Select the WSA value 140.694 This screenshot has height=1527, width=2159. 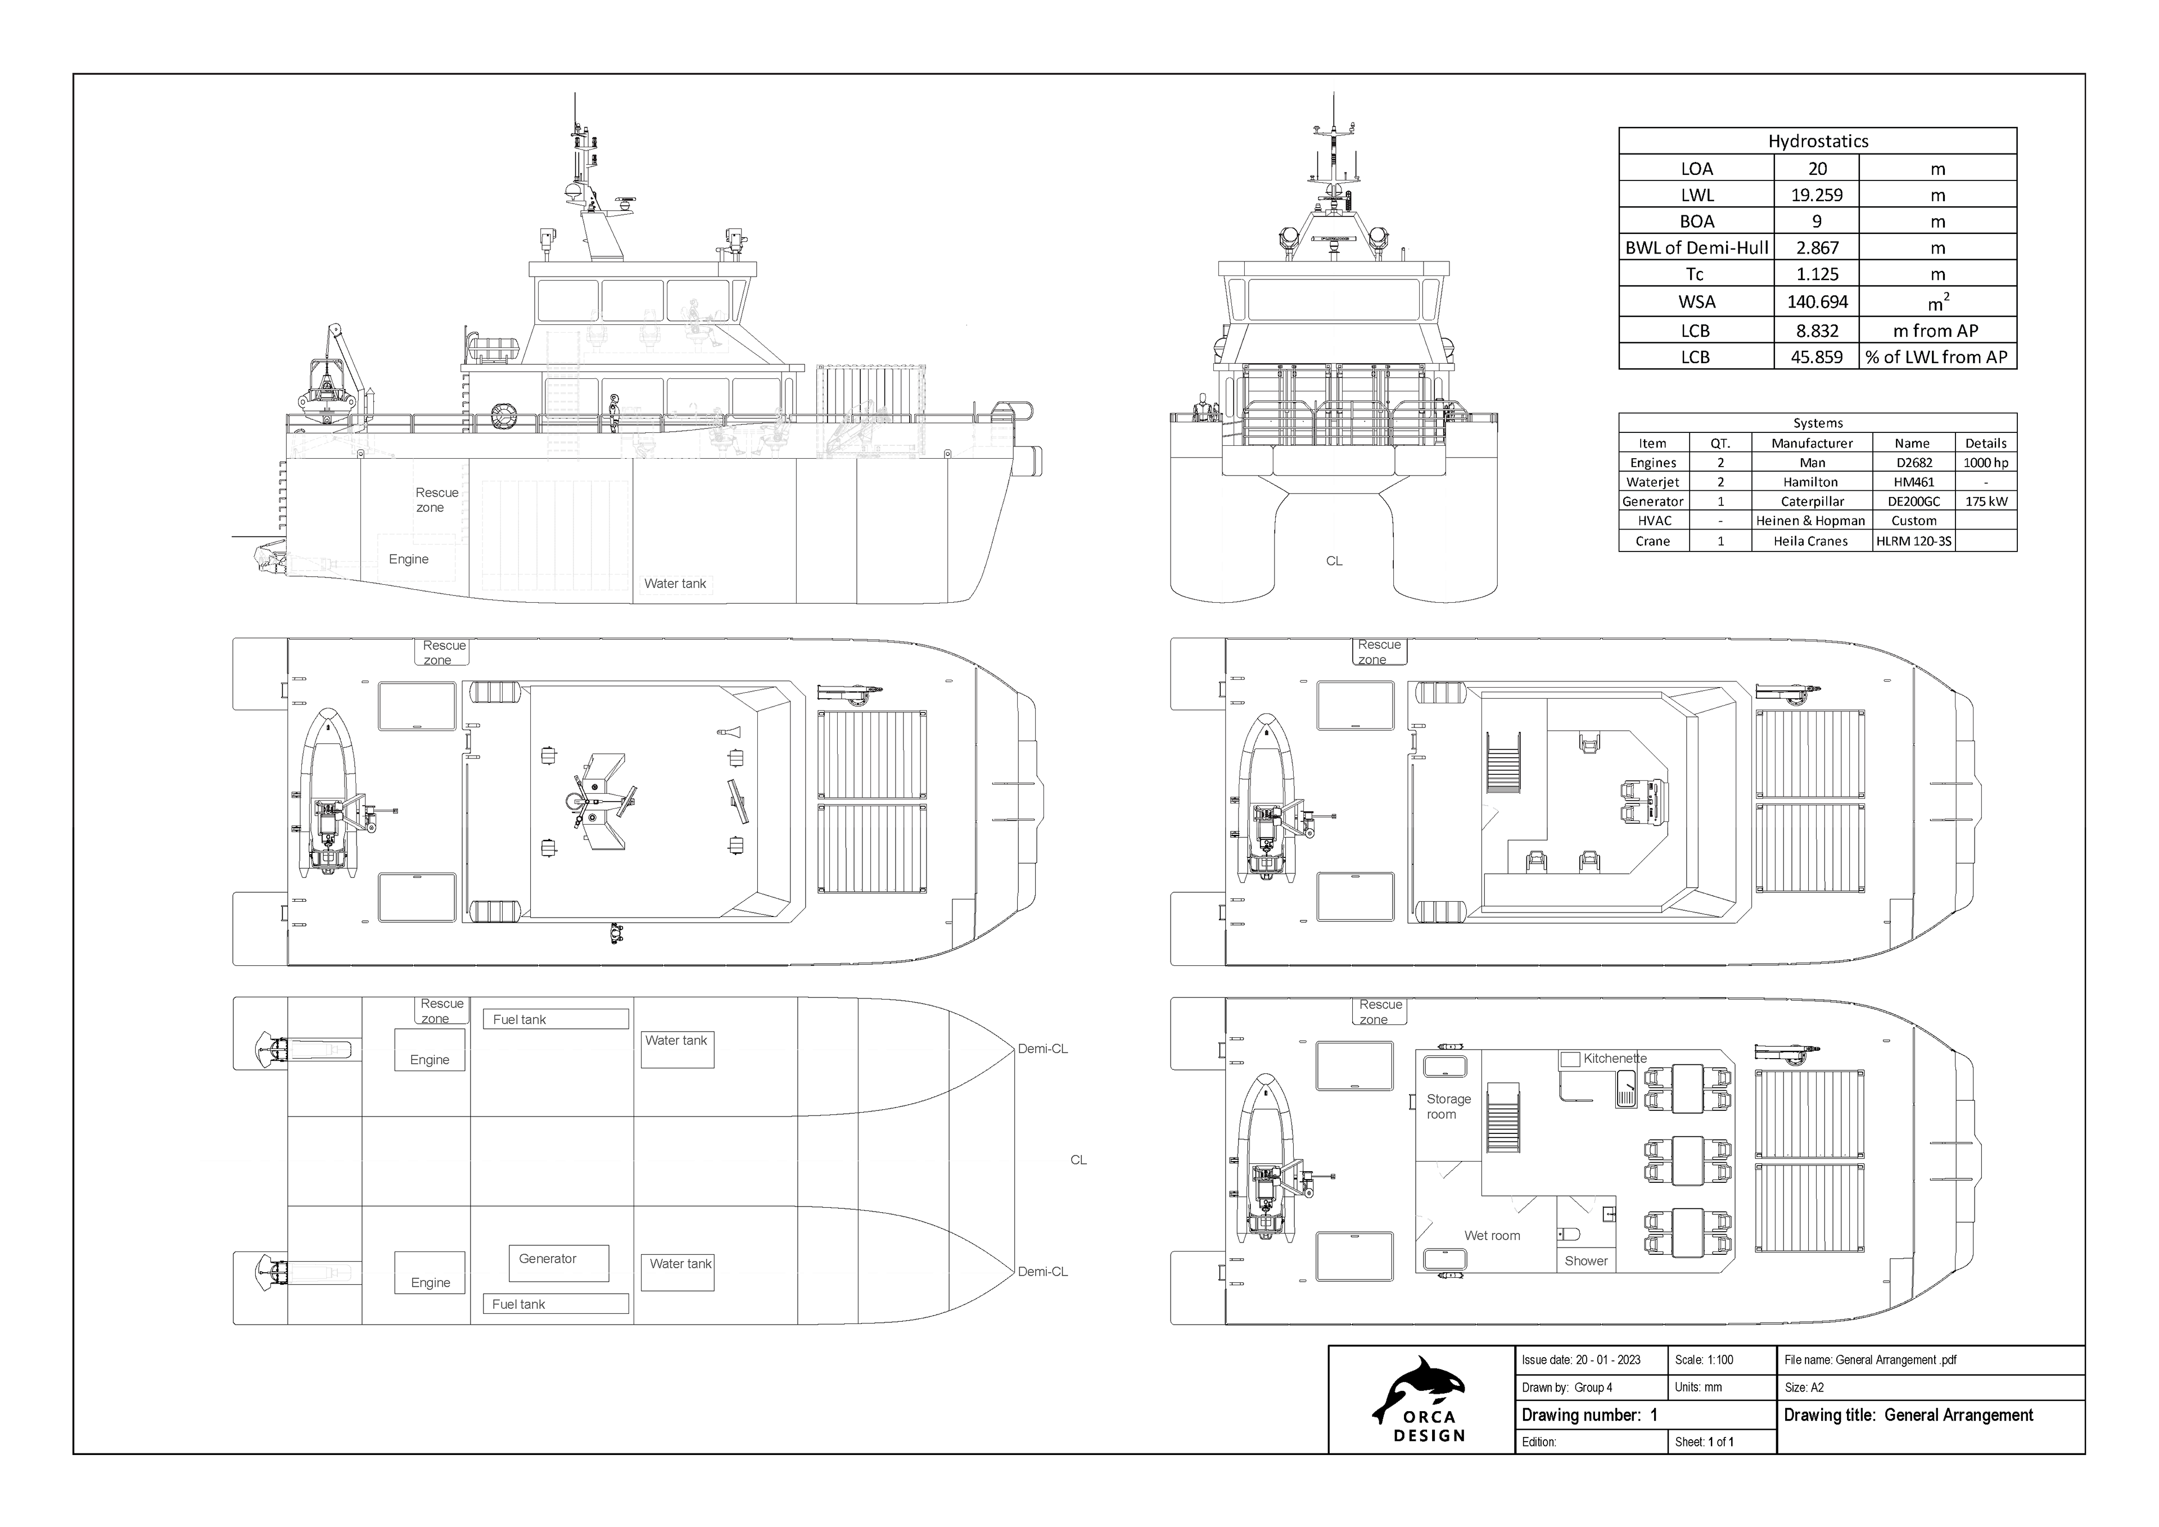[1817, 302]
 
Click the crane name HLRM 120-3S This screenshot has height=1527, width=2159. [1913, 541]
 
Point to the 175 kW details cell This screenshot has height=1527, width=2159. [1985, 501]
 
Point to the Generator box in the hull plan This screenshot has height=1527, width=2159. [558, 1262]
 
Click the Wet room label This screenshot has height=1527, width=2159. [1492, 1236]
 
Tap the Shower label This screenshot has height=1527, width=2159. [1586, 1261]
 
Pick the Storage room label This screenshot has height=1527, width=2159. [1448, 1106]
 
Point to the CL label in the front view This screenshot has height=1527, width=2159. [1334, 561]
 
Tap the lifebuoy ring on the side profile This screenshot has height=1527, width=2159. [504, 415]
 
